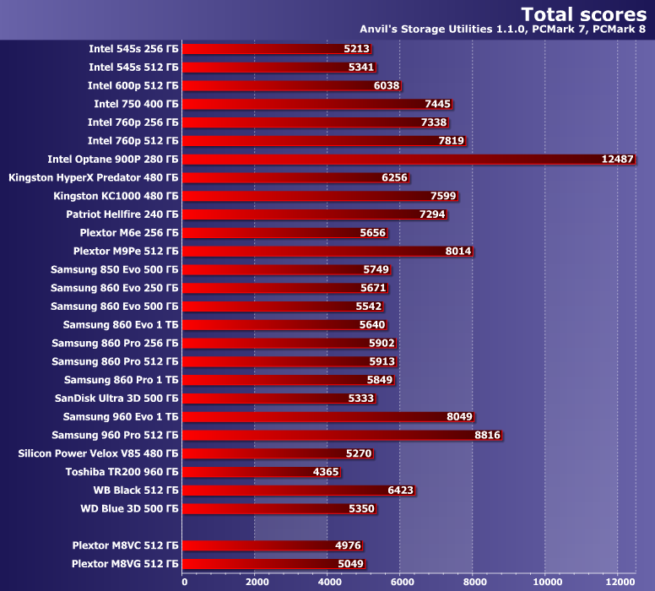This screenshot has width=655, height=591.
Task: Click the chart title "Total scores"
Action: [x=583, y=14]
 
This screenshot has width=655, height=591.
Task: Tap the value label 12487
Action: [x=617, y=159]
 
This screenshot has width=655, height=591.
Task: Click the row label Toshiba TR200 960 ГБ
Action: [x=122, y=472]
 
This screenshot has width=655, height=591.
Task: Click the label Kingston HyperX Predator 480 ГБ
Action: [x=93, y=177]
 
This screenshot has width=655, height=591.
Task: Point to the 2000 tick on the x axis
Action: [x=256, y=582]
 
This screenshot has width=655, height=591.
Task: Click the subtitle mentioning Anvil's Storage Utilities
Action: [x=503, y=30]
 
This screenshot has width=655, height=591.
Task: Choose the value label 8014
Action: [x=458, y=251]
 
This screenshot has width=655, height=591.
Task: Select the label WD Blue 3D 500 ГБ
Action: [x=129, y=508]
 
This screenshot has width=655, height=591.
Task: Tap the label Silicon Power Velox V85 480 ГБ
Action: [x=98, y=453]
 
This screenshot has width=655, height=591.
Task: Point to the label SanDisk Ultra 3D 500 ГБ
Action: [x=116, y=398]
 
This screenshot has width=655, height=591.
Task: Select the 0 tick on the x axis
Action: [x=183, y=582]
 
